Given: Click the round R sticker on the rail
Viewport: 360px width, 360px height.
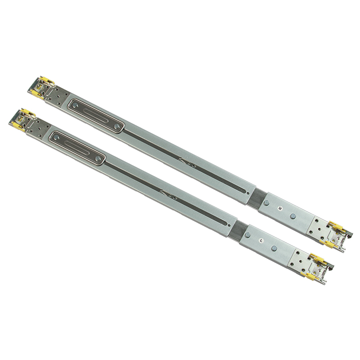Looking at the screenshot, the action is [x=280, y=208].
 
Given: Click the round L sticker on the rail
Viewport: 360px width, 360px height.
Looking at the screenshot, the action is [x=261, y=240].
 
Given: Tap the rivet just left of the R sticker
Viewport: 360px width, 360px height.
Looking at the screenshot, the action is [x=266, y=203].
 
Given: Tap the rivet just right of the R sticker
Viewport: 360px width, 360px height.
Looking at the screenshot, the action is [x=293, y=216].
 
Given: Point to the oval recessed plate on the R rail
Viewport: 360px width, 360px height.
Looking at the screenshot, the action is [x=96, y=116].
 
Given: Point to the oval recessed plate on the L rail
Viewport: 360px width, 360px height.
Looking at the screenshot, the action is [x=77, y=148].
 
